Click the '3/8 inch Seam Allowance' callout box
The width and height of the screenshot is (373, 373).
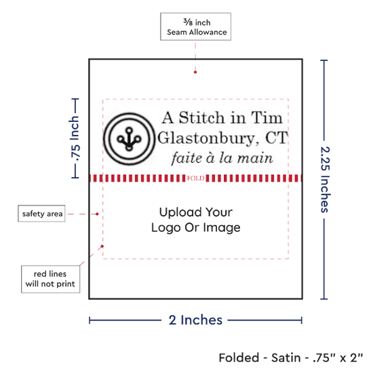coord(195,26)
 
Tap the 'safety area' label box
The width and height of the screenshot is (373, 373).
coord(41,214)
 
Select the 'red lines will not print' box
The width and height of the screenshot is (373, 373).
coord(50,279)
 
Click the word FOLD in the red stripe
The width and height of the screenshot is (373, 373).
coord(195,178)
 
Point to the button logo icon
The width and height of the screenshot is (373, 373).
coord(129,139)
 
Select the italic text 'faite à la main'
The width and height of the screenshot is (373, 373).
coord(222,158)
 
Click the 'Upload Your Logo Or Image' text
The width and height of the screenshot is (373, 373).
coord(196,220)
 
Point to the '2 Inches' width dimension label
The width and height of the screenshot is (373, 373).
coord(195,320)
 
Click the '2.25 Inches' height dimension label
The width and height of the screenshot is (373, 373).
coord(325,179)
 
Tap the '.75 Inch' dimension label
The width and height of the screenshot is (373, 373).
coord(75,138)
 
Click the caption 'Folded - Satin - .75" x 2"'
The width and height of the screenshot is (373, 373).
coord(291,357)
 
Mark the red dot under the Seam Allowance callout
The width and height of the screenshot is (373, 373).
coord(195,72)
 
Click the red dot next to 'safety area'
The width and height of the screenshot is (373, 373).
coord(97,214)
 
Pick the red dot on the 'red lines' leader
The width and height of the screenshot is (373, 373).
coord(102,246)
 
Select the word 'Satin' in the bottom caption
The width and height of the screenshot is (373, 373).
coord(286,357)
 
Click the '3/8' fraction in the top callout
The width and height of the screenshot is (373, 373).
coord(188,22)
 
